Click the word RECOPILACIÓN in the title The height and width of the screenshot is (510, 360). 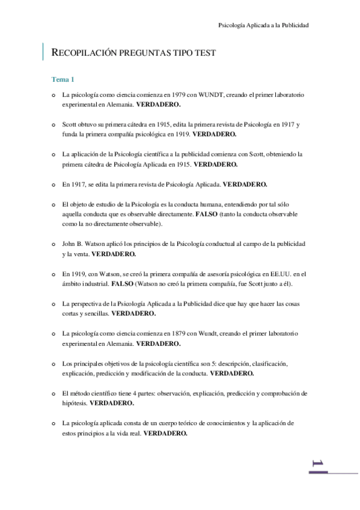[x=88, y=53]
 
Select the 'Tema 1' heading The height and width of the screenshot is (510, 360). [x=63, y=79]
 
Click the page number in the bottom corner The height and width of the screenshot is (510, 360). [x=319, y=463]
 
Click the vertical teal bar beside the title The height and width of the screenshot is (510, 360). [x=43, y=52]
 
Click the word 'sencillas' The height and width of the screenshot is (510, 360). [x=96, y=313]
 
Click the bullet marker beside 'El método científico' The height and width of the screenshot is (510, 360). [x=54, y=393]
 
